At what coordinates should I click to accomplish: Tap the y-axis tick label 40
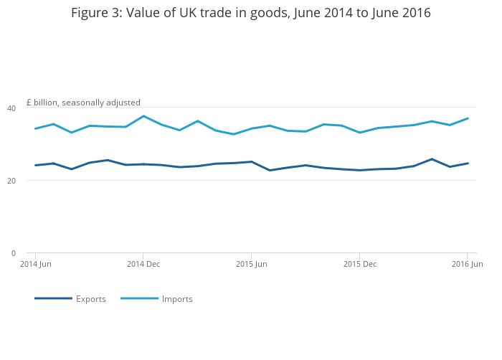pos(11,108)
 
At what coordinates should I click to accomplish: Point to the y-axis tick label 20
pos(11,181)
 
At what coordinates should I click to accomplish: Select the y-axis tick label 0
pos(14,253)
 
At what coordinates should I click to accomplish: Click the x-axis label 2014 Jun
pos(36,264)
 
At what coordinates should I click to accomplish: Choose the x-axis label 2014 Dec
pos(143,264)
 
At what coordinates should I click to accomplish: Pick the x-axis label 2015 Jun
pos(251,264)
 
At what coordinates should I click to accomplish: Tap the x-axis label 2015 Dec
pos(360,264)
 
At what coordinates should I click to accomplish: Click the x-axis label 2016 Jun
pos(467,264)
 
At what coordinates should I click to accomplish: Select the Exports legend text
pos(91,299)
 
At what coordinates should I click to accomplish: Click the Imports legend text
pos(177,299)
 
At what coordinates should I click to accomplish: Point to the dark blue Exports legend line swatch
pos(54,298)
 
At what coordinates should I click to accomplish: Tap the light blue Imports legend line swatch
pos(139,298)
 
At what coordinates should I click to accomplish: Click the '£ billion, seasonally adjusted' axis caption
pos(83,103)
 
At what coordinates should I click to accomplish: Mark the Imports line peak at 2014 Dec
pos(143,116)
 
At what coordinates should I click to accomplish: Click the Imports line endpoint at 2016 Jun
pos(468,118)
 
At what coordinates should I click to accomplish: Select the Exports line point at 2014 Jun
pos(36,165)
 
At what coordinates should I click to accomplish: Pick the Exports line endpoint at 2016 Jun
pos(468,164)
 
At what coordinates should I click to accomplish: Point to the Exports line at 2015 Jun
pos(252,162)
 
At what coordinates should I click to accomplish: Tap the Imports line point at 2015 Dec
pos(360,132)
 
